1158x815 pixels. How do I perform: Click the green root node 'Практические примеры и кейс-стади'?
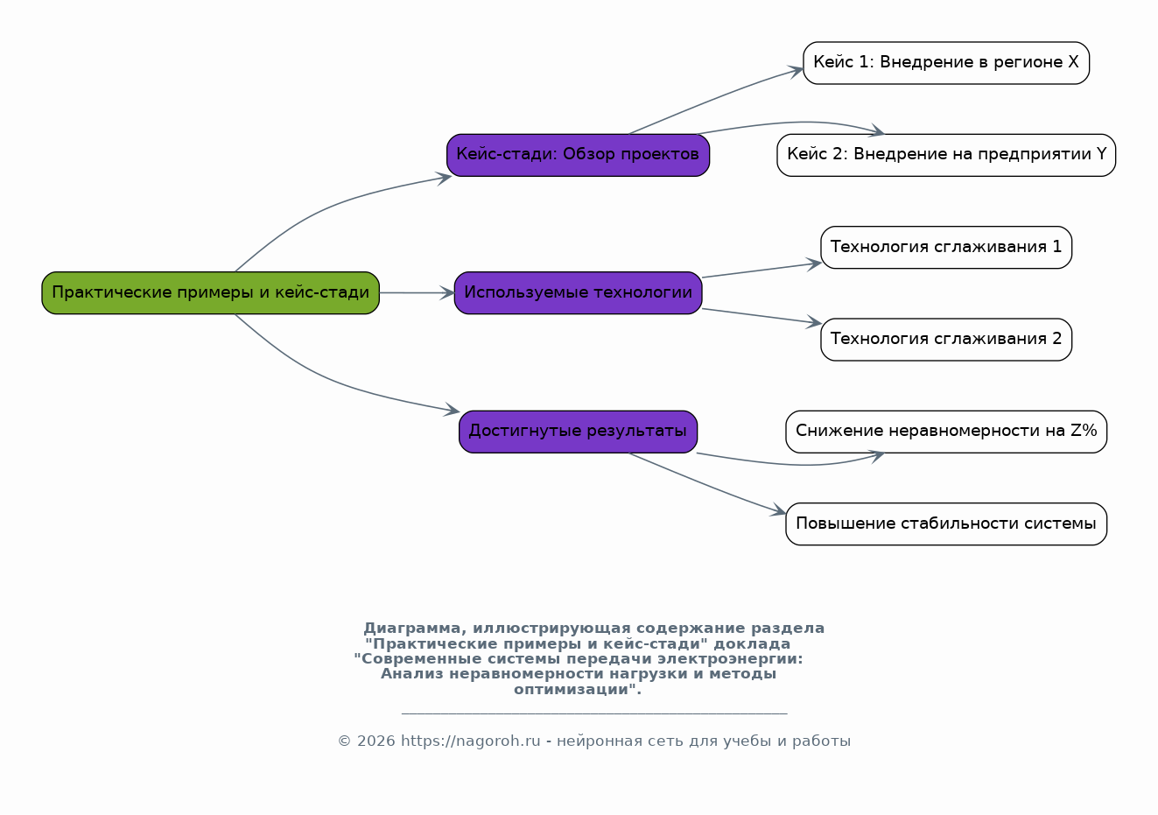point(210,292)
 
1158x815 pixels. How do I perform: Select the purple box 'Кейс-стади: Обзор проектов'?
point(578,155)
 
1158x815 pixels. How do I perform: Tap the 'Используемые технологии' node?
point(578,292)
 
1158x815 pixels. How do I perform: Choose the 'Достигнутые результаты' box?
point(578,431)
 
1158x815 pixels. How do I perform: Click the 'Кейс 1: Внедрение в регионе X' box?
point(945,63)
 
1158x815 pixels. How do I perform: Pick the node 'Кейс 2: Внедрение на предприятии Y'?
point(945,155)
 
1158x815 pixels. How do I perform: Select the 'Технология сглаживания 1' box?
point(945,247)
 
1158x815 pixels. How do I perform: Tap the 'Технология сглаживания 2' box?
point(945,339)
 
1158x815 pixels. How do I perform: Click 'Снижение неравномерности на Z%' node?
point(945,431)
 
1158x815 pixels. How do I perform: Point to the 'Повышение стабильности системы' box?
point(945,523)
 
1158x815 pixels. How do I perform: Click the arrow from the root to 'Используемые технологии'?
point(417,292)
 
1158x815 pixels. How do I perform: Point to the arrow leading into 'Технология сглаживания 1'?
point(761,270)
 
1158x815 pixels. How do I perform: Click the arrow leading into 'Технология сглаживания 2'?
point(761,316)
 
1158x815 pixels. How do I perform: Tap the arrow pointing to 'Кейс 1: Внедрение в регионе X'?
point(718,98)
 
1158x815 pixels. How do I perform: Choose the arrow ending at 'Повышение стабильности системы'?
point(709,485)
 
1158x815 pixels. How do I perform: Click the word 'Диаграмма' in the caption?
point(408,629)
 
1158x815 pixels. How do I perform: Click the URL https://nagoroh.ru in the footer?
point(470,741)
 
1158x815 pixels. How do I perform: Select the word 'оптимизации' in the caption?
point(572,690)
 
